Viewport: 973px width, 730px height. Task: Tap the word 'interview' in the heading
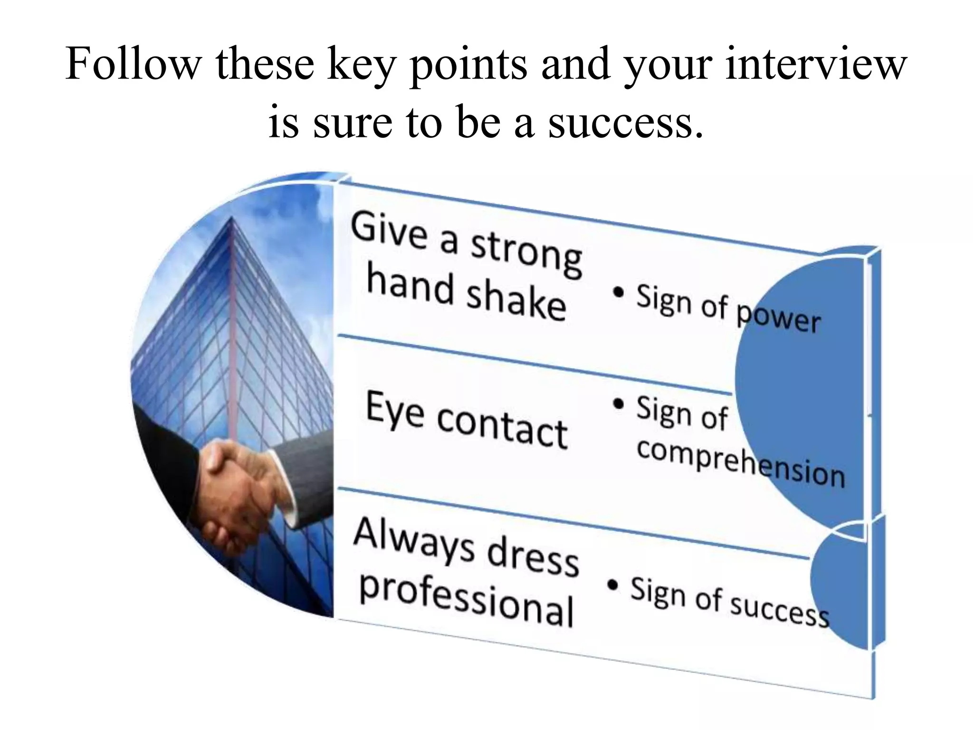(x=817, y=64)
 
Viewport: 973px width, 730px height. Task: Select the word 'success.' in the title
(x=626, y=122)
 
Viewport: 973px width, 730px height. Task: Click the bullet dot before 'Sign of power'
(x=618, y=293)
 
